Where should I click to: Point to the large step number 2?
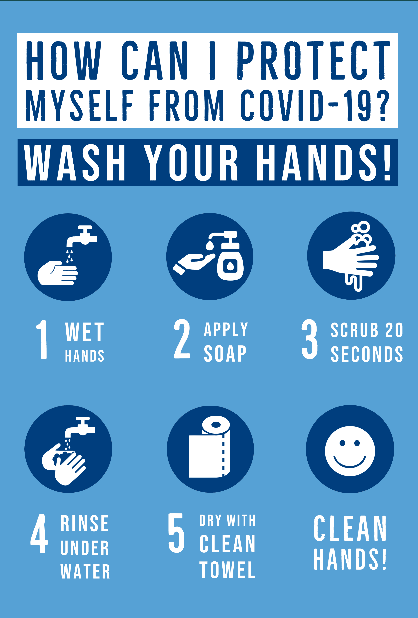pyautogui.click(x=182, y=339)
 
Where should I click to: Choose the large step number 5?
pyautogui.click(x=176, y=533)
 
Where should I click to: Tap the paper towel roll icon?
pyautogui.click(x=209, y=447)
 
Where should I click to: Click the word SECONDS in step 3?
pyautogui.click(x=367, y=354)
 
